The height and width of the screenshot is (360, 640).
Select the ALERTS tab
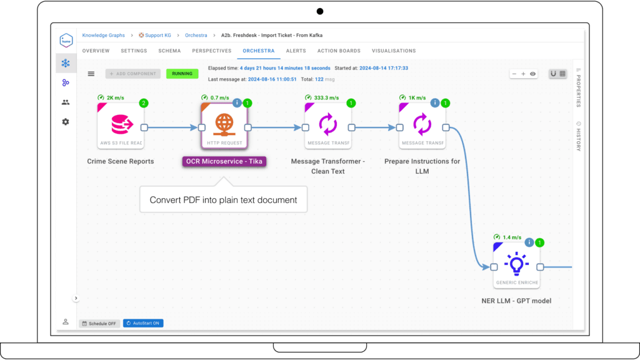click(x=296, y=51)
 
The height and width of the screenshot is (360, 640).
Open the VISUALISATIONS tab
click(x=393, y=51)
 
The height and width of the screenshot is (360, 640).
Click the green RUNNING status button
click(x=182, y=74)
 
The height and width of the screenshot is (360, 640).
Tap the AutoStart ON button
click(x=143, y=323)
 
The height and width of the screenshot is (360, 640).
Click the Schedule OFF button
click(x=99, y=323)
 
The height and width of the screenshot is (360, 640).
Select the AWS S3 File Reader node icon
click(x=121, y=124)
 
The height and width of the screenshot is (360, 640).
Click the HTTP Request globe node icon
click(x=224, y=124)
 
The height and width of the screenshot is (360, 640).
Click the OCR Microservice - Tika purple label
click(x=224, y=161)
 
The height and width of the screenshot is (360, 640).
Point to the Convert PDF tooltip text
click(x=223, y=200)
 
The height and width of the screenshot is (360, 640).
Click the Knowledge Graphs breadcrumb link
click(x=103, y=36)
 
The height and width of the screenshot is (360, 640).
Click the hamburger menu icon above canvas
click(x=91, y=74)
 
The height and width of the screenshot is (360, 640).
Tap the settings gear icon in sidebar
click(x=66, y=122)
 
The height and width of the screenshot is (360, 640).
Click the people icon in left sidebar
click(x=66, y=102)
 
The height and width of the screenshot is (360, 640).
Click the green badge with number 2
click(x=143, y=103)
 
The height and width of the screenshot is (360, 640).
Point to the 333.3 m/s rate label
click(x=326, y=97)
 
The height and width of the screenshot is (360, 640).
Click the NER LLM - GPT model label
click(x=516, y=301)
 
